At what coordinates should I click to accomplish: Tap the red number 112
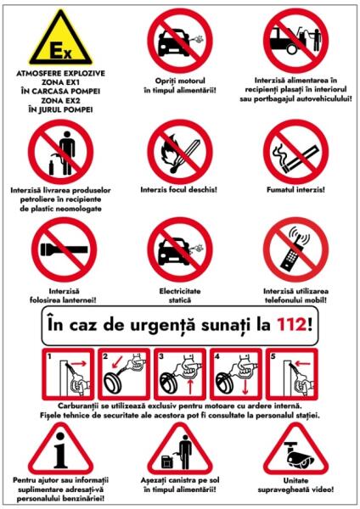click(x=290, y=324)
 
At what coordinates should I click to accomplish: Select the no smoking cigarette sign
click(x=295, y=152)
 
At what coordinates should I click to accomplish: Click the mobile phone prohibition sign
click(x=295, y=249)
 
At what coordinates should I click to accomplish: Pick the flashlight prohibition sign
click(x=64, y=249)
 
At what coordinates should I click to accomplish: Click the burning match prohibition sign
click(x=180, y=152)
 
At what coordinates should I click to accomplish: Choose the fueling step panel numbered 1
click(x=68, y=374)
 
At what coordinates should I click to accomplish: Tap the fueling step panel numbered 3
click(x=180, y=374)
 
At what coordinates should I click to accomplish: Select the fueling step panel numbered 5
click(x=292, y=374)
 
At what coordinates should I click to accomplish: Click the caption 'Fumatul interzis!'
click(x=295, y=189)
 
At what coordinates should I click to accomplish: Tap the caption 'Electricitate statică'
click(x=180, y=295)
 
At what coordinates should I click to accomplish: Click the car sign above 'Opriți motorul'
click(x=180, y=41)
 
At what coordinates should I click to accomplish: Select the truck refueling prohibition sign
click(x=295, y=41)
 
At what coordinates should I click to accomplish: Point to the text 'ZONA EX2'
click(x=60, y=101)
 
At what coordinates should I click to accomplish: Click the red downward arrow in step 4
click(x=245, y=388)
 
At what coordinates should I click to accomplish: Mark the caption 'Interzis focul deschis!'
click(x=178, y=189)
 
